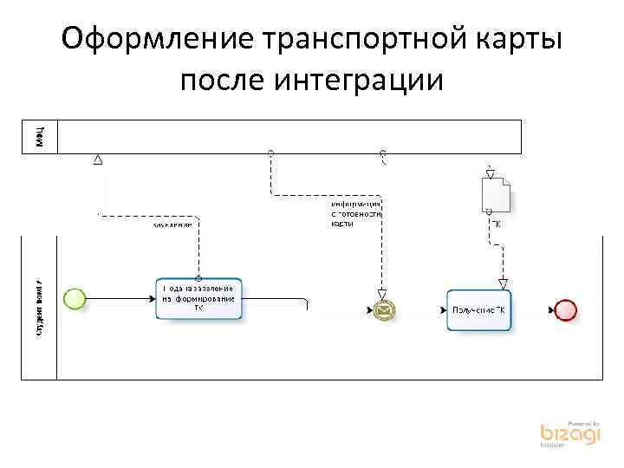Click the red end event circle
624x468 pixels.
(x=565, y=309)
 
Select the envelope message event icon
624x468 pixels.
(x=382, y=309)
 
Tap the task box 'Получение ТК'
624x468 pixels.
(x=478, y=309)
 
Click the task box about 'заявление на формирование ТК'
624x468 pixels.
(x=198, y=299)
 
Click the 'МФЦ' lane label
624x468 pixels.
(x=40, y=136)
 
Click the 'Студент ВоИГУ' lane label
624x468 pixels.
(x=40, y=309)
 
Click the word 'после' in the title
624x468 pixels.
(x=221, y=80)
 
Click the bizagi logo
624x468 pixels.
(x=569, y=433)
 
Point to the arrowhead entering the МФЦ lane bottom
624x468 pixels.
(x=98, y=159)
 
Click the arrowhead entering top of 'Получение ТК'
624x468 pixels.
(x=503, y=283)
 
